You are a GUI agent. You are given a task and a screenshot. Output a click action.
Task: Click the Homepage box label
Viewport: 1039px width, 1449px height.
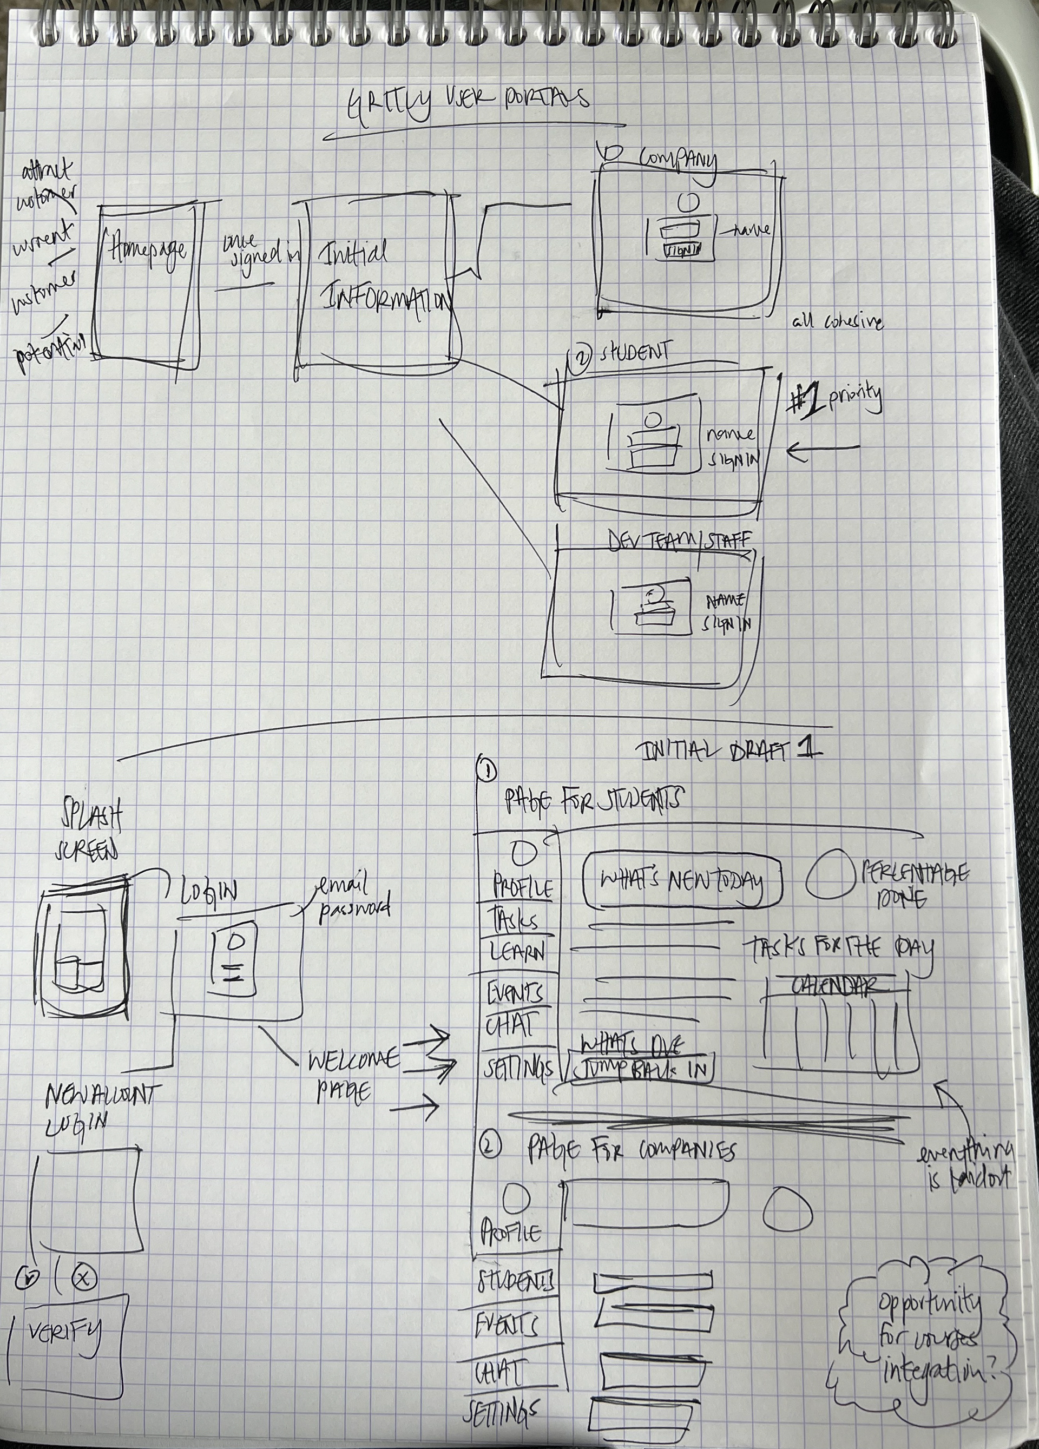pos(148,250)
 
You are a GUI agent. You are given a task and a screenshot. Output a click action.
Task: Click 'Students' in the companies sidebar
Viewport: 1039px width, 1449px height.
pos(516,1280)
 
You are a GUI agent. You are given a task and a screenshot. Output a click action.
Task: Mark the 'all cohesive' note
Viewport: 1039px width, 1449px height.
pos(837,321)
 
